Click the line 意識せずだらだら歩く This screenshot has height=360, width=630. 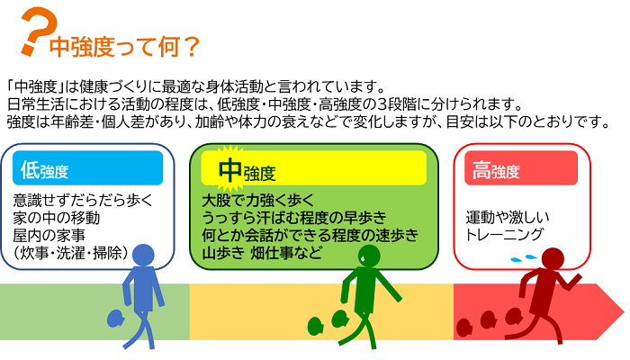(83, 200)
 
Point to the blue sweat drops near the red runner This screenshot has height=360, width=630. (520, 257)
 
